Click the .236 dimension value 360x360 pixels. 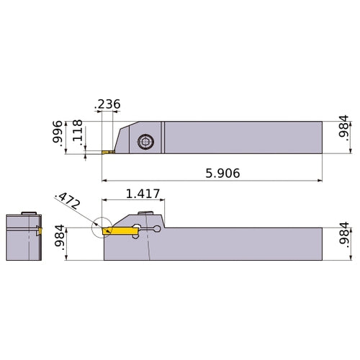coord(107,104)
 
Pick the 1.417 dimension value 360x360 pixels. coord(143,194)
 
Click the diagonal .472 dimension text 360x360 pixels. coord(68,202)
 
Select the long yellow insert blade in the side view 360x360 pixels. coord(120,231)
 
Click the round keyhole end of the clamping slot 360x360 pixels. coord(158,230)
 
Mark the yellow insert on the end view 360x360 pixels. coord(40,231)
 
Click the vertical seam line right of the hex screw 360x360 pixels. coord(163,137)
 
